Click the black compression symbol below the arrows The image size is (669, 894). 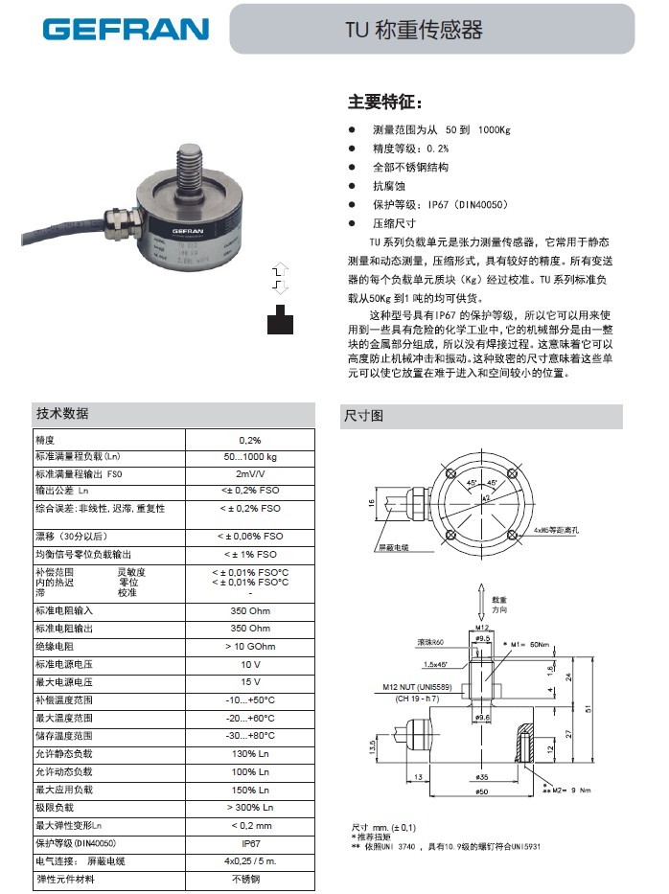coord(280,318)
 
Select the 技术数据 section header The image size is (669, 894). coord(63,413)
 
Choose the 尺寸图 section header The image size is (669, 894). coord(363,416)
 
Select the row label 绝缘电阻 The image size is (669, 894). coord(58,646)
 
